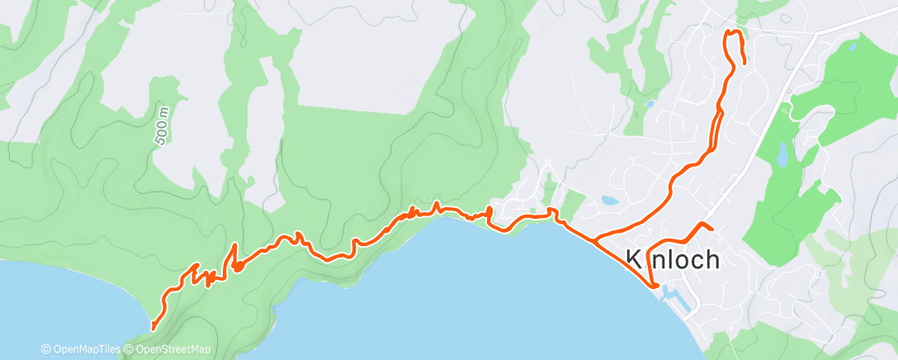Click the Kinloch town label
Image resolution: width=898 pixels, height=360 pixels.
tap(673, 259)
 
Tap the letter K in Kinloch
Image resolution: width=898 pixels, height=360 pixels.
tap(633, 259)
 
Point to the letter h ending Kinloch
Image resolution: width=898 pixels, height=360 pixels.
tap(711, 259)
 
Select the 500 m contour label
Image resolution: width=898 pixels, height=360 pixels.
tap(162, 125)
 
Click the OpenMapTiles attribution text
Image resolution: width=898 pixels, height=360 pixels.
tap(86, 349)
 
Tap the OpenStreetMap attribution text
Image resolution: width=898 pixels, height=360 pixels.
tap(173, 349)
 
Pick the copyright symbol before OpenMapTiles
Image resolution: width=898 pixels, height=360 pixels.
tap(46, 349)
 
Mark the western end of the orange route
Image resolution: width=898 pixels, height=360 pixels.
tap(153, 327)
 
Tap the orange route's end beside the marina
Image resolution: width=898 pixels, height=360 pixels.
tap(656, 286)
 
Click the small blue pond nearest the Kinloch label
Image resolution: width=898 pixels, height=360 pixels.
tap(609, 200)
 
